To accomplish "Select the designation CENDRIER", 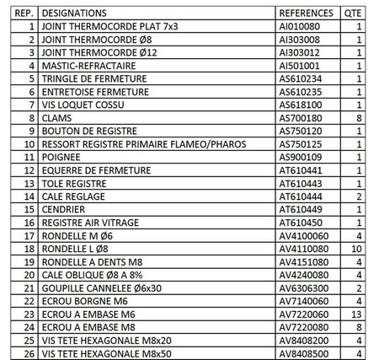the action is [x=64, y=210].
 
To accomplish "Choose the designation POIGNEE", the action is [x=60, y=158].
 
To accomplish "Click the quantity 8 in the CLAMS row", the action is [x=359, y=119].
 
